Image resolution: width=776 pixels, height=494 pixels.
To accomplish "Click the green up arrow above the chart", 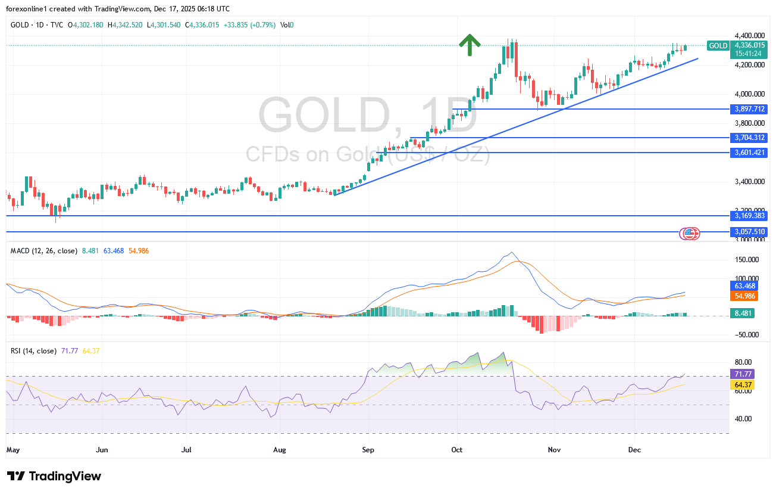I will [x=470, y=45].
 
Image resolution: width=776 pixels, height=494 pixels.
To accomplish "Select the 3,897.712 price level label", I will [x=749, y=109].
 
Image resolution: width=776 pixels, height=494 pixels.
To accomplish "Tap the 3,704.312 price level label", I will [x=749, y=138].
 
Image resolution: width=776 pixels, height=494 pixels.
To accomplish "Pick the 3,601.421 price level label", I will [x=749, y=153].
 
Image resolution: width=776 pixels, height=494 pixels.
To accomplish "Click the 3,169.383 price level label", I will [x=749, y=216].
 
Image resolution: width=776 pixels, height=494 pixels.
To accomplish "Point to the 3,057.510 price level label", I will [x=749, y=232].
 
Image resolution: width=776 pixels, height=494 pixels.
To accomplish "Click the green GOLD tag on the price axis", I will [x=718, y=46].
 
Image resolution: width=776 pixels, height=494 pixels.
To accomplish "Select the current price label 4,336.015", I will [x=749, y=45].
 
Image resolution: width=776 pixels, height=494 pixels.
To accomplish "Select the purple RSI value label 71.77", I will [x=741, y=374].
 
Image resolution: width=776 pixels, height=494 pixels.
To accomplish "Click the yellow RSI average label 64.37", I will [x=741, y=385].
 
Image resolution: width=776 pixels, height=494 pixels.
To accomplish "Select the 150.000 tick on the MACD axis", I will [x=748, y=260].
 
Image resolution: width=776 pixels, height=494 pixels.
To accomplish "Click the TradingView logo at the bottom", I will [x=54, y=476].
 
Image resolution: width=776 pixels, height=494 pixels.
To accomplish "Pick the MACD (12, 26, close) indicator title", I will [x=44, y=251].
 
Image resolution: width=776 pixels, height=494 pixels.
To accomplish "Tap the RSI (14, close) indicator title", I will [x=34, y=350].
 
